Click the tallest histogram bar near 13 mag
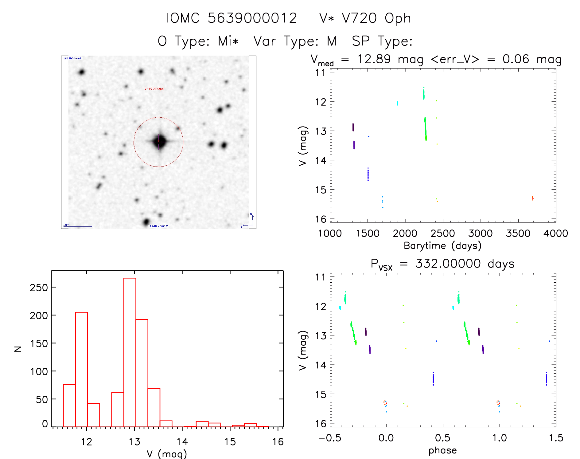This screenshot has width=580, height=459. [130, 352]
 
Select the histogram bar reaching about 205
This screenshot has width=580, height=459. [81, 369]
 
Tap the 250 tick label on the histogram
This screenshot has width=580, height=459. [39, 288]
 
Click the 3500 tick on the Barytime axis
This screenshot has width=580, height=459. [518, 233]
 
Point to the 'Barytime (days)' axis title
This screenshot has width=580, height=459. [442, 246]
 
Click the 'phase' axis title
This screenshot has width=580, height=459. [442, 450]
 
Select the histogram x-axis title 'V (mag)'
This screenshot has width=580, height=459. [167, 453]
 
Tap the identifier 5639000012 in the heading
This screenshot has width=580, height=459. [252, 18]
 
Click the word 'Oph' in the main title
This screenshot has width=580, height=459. [398, 18]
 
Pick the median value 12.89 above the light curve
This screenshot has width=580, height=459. [374, 59]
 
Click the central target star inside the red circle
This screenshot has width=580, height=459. [159, 142]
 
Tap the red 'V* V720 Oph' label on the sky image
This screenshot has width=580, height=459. [154, 89]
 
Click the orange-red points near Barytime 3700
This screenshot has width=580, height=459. [532, 198]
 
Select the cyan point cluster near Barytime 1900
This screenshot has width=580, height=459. [397, 103]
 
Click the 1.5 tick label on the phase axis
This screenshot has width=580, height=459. [556, 438]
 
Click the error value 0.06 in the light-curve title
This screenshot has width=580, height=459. [516, 59]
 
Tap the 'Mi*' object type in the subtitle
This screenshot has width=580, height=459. [228, 41]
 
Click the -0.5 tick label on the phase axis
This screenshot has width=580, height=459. [330, 438]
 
